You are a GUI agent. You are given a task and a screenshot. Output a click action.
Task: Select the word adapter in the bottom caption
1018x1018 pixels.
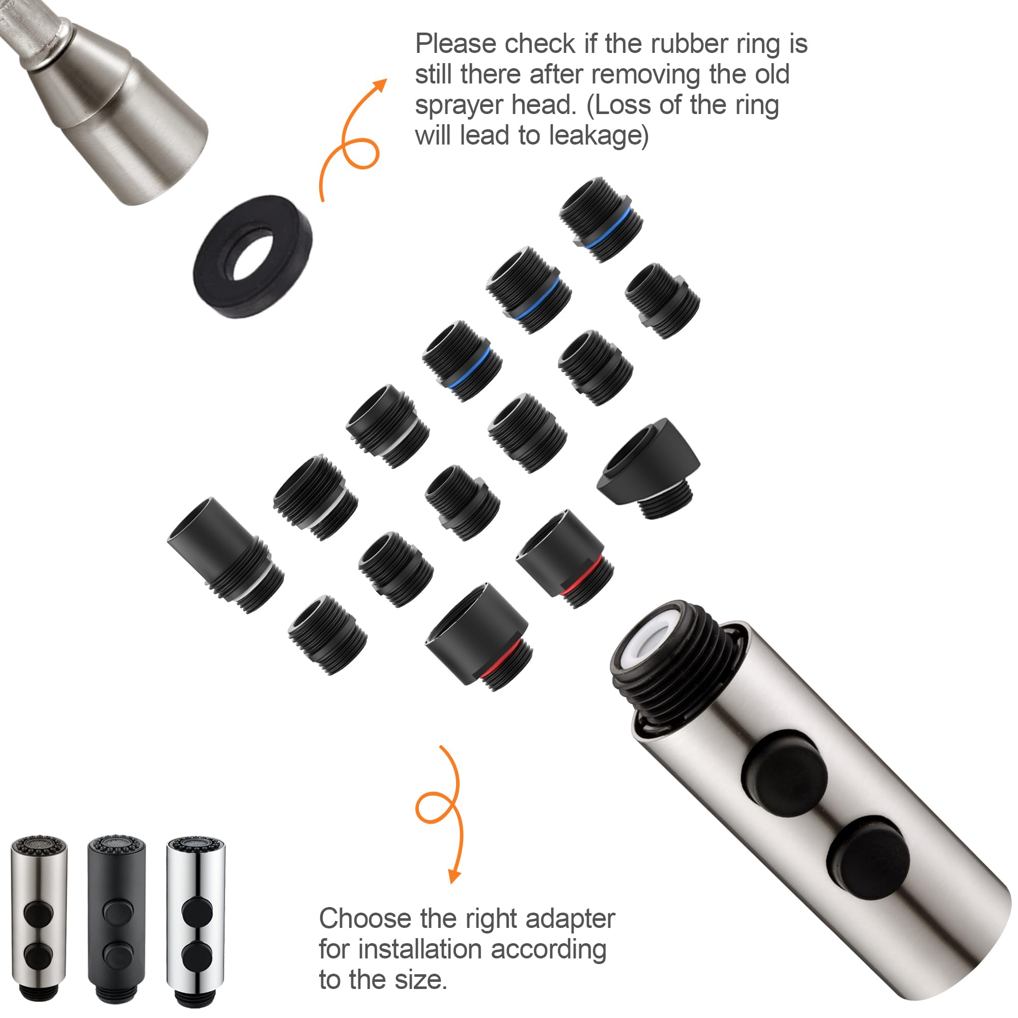pos(570,918)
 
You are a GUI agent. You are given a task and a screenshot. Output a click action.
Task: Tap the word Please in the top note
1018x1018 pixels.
pos(456,43)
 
